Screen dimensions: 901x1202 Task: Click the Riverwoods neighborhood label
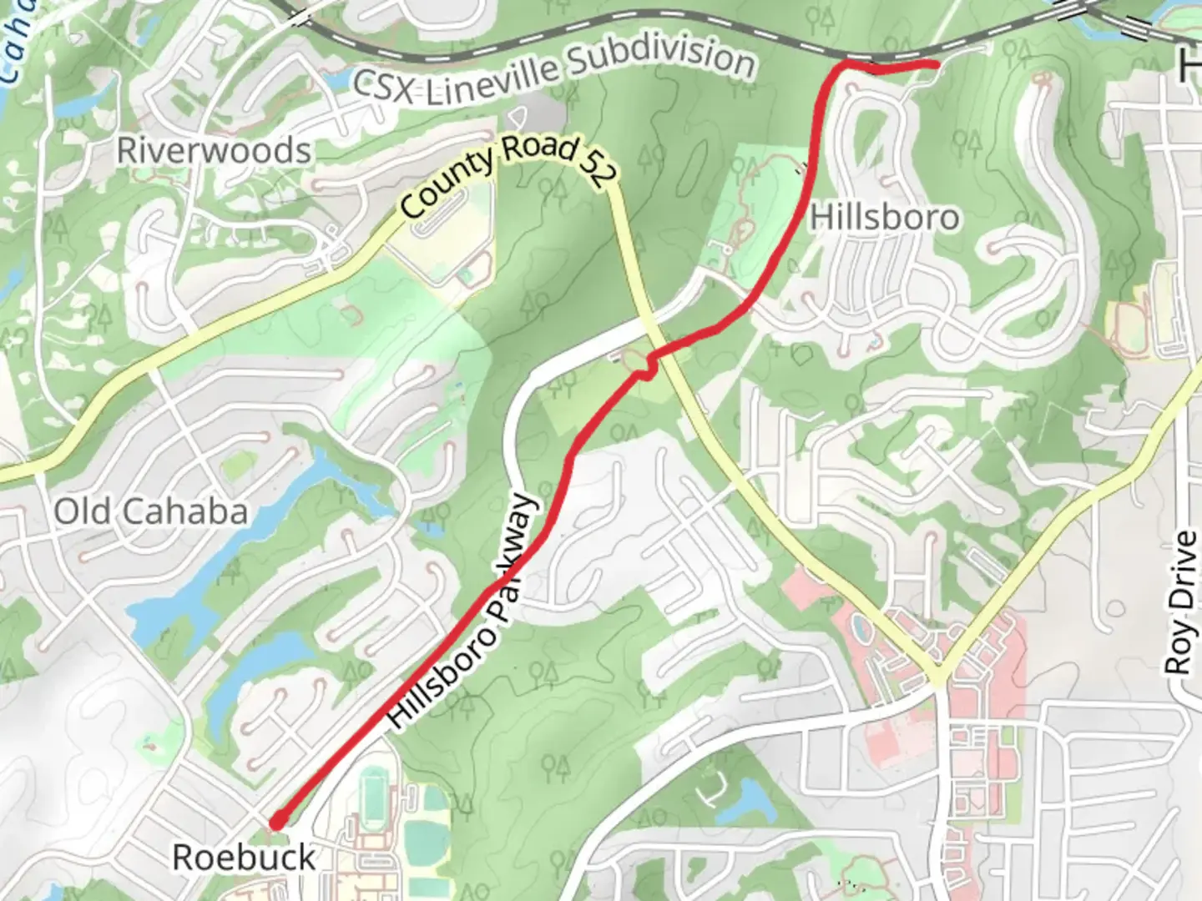tap(215, 151)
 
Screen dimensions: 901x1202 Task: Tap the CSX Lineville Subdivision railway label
tap(553, 73)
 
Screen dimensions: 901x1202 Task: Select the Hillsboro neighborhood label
tap(885, 218)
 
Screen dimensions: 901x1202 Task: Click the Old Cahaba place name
tap(151, 511)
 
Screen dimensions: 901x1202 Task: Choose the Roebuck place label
tap(244, 858)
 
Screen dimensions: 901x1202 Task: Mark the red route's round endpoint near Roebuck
tap(275, 823)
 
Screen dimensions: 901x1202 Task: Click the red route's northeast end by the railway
tap(936, 64)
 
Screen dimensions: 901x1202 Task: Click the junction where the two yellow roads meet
tap(938, 676)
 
